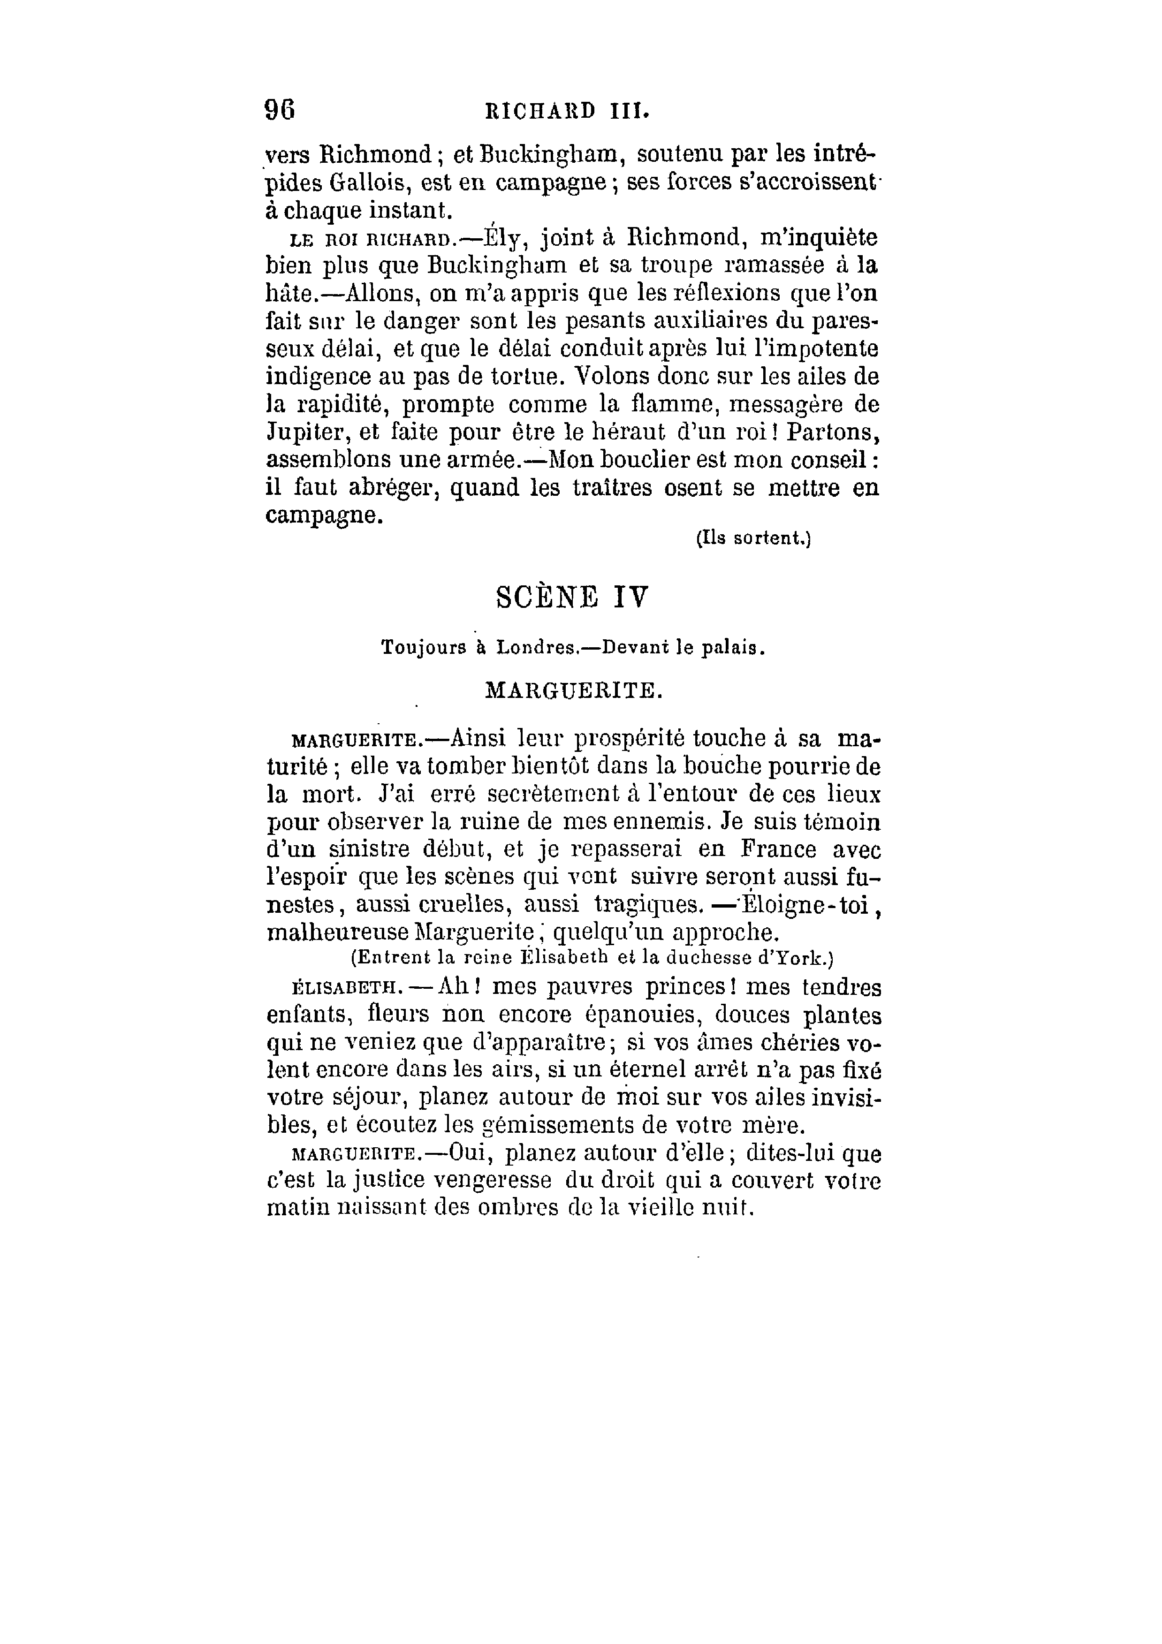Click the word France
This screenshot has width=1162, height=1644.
(x=778, y=849)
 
